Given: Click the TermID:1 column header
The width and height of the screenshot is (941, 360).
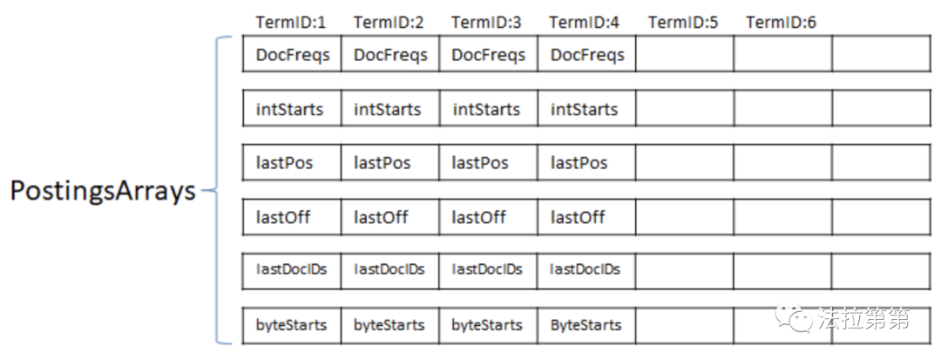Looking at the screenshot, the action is [291, 22].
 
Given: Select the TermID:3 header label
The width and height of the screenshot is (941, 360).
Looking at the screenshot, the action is [486, 22].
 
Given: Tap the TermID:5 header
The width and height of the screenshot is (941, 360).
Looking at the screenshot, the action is [683, 22].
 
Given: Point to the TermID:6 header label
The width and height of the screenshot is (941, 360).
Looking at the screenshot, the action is [782, 22].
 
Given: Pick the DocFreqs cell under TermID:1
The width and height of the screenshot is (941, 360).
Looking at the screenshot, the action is [293, 55].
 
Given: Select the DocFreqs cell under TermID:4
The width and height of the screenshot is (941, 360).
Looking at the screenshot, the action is [587, 55].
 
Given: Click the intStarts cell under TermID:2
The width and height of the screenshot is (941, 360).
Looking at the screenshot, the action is [389, 109].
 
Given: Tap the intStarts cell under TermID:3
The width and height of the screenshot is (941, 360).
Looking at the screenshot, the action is [488, 109].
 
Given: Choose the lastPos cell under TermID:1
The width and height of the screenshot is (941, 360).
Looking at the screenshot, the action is [293, 163].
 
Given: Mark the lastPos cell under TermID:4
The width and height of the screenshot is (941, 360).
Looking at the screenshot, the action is [587, 163].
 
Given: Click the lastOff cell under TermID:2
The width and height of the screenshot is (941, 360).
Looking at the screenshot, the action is [389, 217].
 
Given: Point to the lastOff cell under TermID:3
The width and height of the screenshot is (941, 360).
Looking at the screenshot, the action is [488, 217].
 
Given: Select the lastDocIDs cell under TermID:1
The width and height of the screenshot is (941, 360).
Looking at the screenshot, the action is [293, 270].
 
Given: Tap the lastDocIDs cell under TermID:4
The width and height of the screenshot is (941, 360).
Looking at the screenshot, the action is [587, 270].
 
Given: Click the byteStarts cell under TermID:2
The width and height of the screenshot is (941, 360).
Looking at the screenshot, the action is [389, 325].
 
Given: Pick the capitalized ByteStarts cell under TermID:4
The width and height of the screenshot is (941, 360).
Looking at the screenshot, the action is [587, 325].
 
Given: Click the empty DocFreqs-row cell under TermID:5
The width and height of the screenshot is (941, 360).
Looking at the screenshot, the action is [684, 55].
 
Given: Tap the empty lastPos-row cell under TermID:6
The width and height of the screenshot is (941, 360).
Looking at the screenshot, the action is [782, 163].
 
